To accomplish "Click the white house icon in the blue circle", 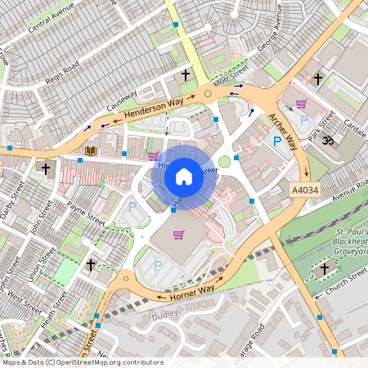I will pyautogui.click(x=184, y=176).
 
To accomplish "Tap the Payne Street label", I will pyautogui.click(x=86, y=212).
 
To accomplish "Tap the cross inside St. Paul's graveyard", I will pyautogui.click(x=324, y=267).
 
